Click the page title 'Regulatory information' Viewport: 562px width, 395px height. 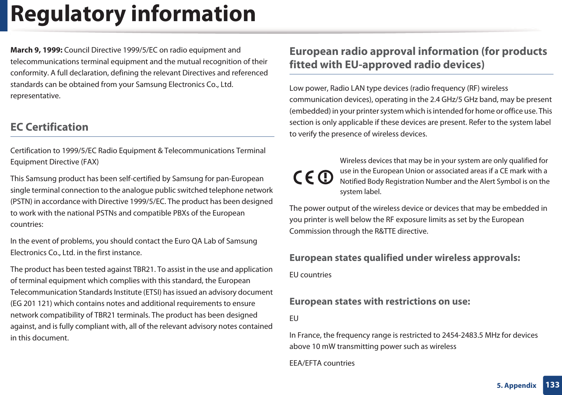click(133, 14)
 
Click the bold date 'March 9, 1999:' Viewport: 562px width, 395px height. click(36, 50)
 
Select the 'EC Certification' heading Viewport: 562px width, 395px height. click(49, 127)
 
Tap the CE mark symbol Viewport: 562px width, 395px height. click(304, 177)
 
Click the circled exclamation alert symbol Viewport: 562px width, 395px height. click(325, 177)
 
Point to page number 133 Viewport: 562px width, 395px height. click(552, 385)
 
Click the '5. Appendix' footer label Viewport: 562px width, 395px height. click(516, 385)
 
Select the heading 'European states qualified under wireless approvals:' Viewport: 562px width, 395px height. click(405, 258)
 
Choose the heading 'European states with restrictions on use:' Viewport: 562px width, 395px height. click(379, 302)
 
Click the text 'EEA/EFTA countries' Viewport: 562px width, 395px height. click(322, 363)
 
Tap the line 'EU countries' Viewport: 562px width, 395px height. click(310, 275)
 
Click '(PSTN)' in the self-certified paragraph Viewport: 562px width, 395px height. click(21, 202)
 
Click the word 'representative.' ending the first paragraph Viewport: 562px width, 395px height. click(35, 96)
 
